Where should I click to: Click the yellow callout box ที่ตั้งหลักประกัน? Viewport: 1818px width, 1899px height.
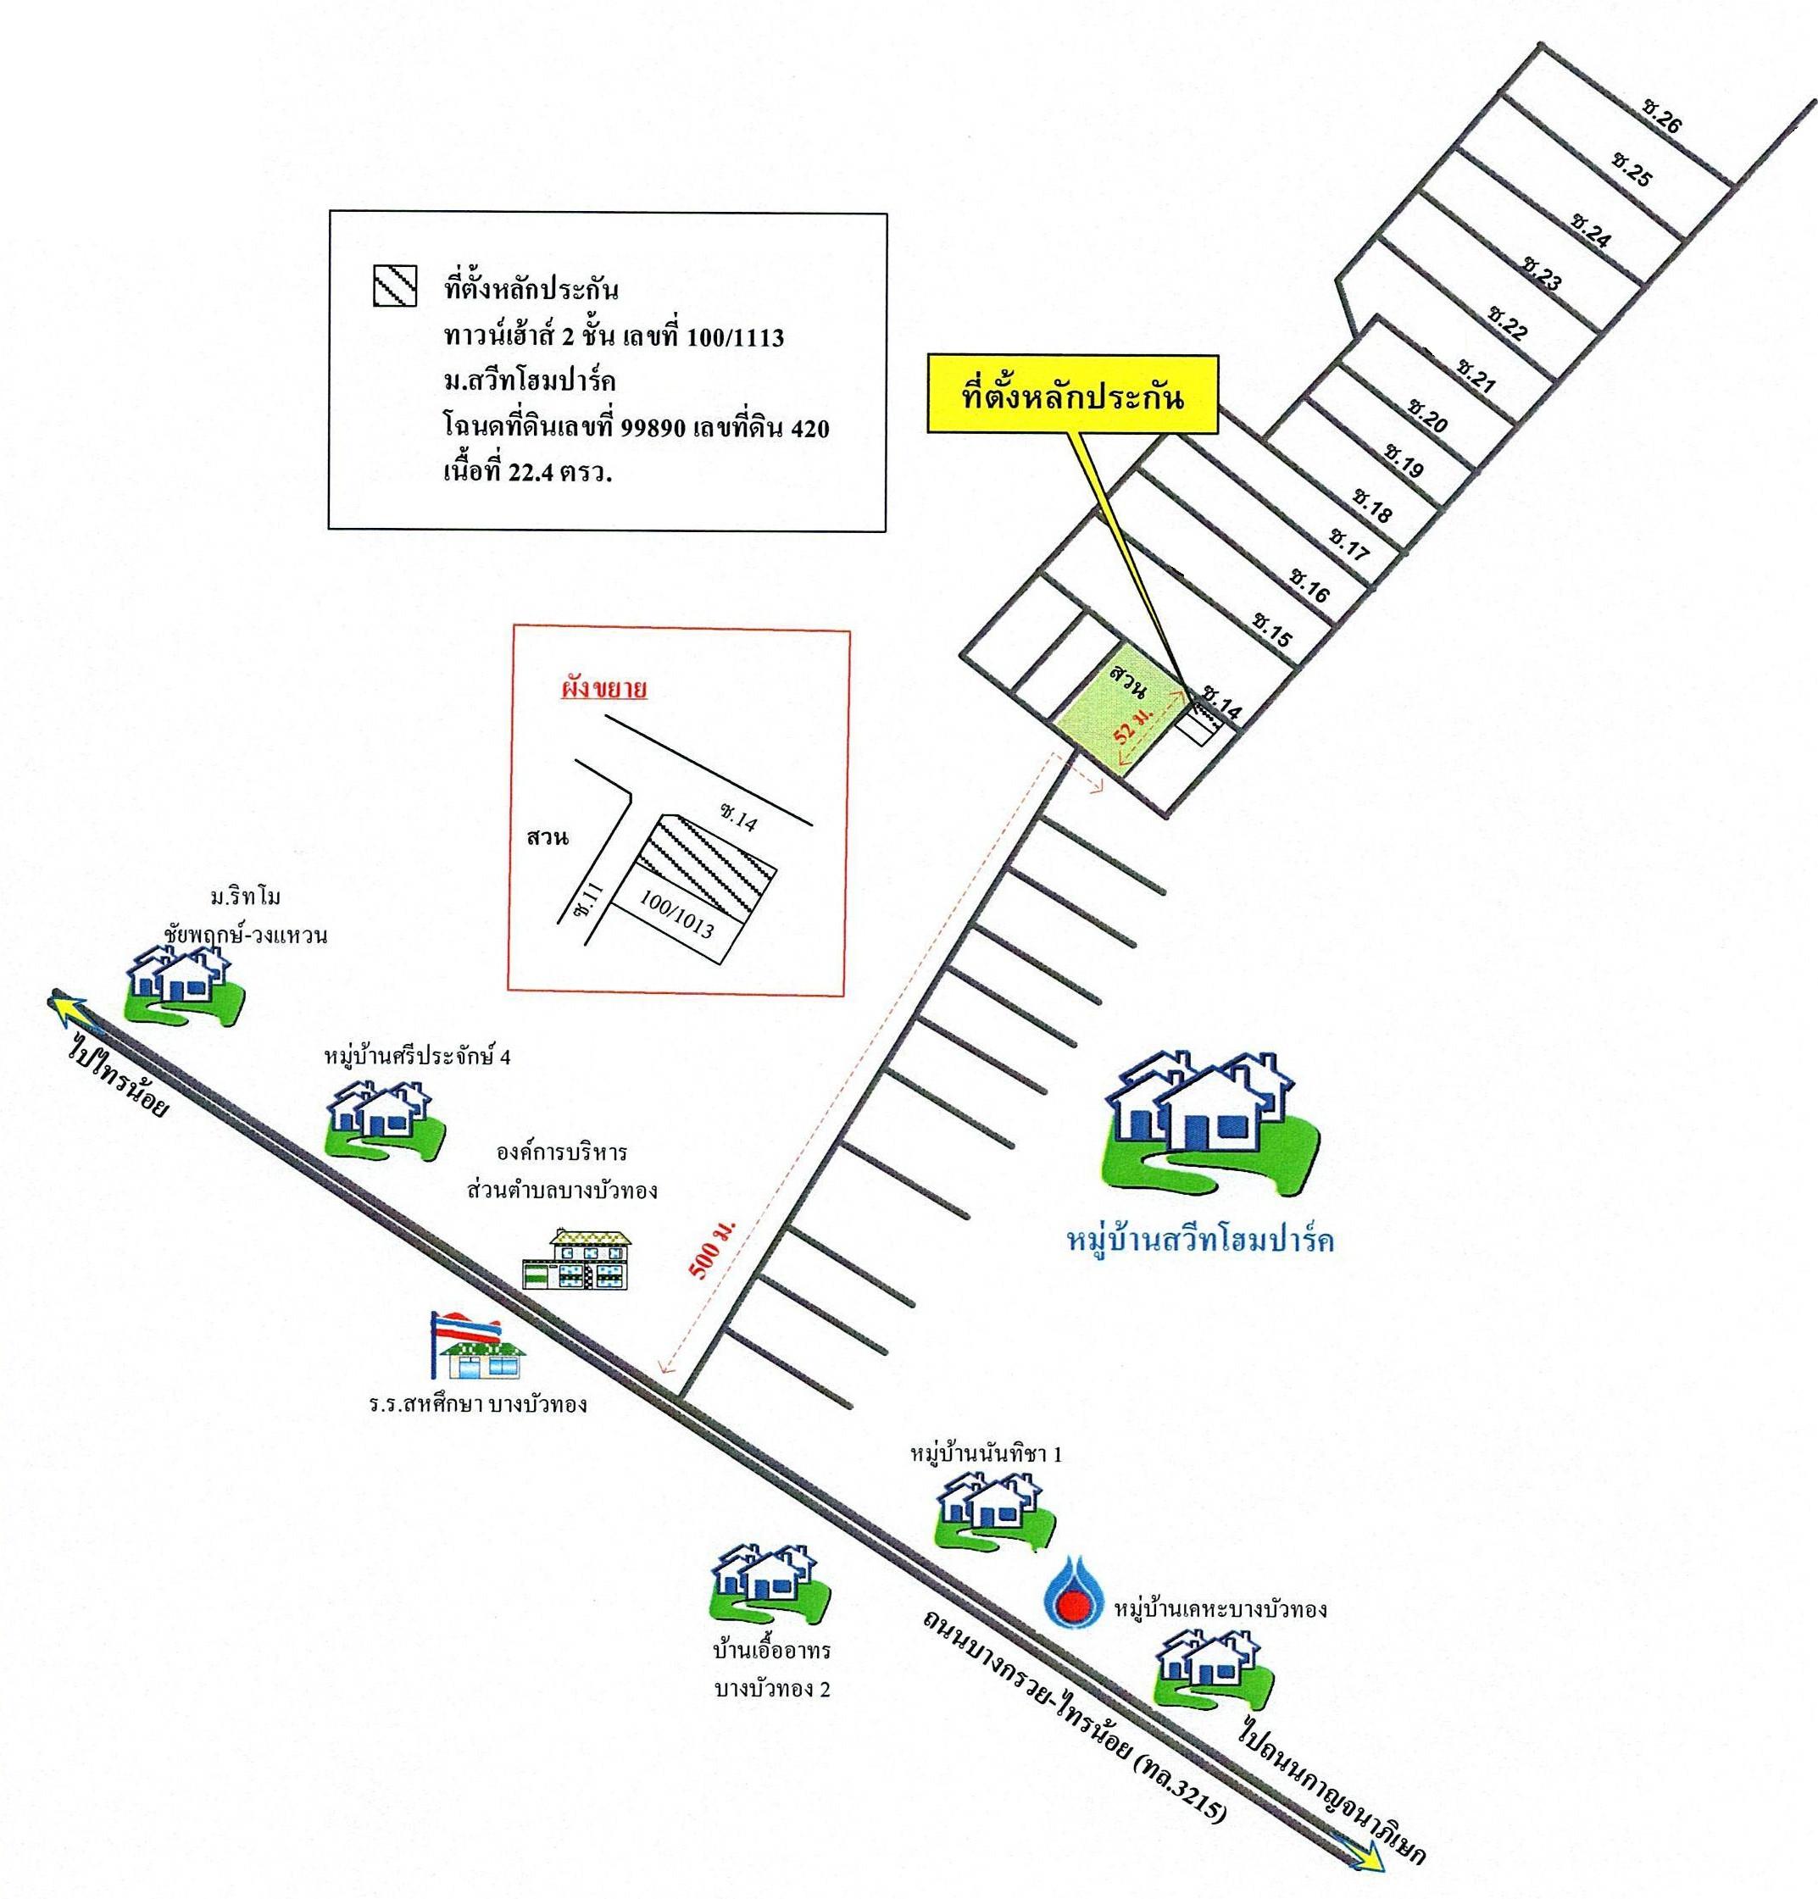(x=1073, y=397)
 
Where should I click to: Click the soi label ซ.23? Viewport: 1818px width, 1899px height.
(x=1543, y=272)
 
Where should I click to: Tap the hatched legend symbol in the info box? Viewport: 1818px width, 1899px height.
(x=394, y=286)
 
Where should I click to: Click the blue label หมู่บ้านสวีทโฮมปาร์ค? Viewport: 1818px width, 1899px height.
(x=1198, y=1242)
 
